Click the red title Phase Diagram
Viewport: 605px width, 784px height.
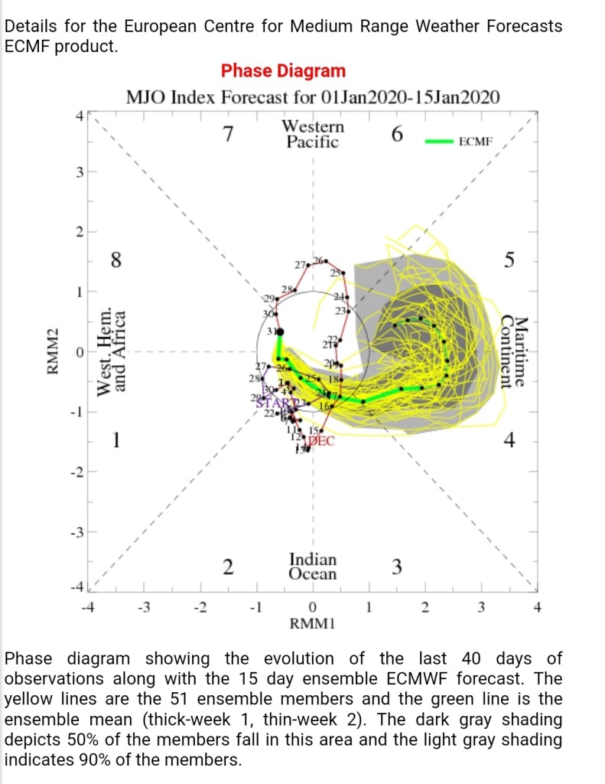(x=283, y=71)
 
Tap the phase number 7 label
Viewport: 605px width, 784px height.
(x=227, y=135)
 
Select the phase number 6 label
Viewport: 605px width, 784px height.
(x=396, y=135)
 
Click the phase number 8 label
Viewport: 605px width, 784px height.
(x=115, y=260)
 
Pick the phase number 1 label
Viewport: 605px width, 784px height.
(x=115, y=441)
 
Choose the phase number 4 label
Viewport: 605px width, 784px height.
(x=509, y=441)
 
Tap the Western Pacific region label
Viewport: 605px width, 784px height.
(x=313, y=134)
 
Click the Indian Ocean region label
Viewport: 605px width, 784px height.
(x=313, y=567)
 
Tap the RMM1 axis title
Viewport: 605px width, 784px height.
(x=313, y=624)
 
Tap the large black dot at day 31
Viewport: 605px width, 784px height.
(x=279, y=332)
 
